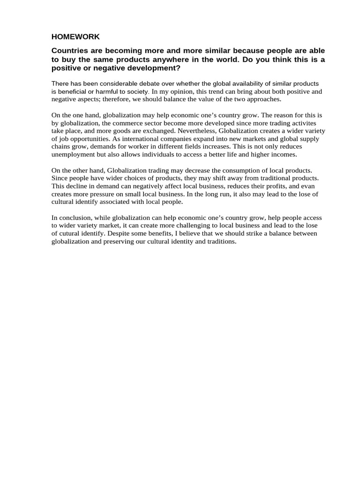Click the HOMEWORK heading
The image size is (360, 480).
pyautogui.click(x=75, y=37)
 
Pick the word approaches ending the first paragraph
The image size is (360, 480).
pyautogui.click(x=263, y=99)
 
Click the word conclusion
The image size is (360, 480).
pyautogui.click(x=76, y=217)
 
